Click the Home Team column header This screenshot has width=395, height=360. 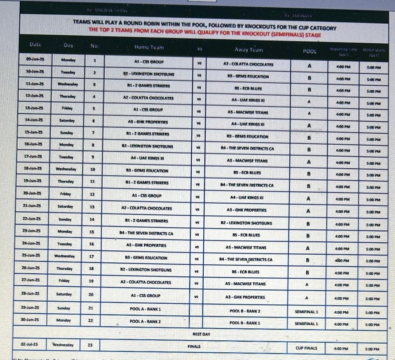[x=149, y=47]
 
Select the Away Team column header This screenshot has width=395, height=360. [x=248, y=50]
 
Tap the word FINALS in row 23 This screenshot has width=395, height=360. [x=194, y=346]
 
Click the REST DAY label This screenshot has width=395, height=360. [x=201, y=334]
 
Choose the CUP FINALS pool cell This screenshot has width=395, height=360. [x=307, y=348]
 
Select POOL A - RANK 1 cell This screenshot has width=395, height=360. [x=145, y=309]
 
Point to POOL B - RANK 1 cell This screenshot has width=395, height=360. [x=245, y=323]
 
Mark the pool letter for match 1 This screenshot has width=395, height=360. [x=309, y=66]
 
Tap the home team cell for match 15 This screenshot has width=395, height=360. [x=146, y=233]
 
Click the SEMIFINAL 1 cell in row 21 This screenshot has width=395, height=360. [x=307, y=311]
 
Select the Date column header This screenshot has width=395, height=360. [x=35, y=45]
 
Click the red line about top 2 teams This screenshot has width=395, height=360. [x=205, y=34]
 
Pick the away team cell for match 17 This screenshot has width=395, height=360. [x=246, y=260]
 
